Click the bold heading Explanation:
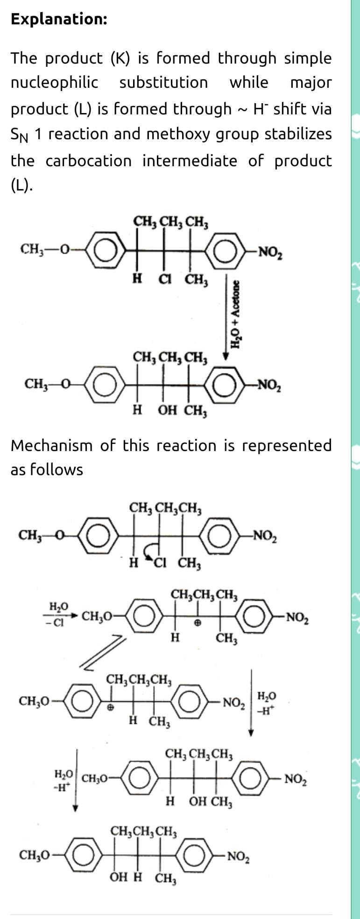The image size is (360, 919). pyautogui.click(x=59, y=19)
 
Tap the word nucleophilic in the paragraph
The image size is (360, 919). pyautogui.click(x=54, y=83)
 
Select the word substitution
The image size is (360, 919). pyautogui.click(x=163, y=83)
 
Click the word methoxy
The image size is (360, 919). pyautogui.click(x=199, y=134)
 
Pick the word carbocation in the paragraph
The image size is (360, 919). pyautogui.click(x=89, y=161)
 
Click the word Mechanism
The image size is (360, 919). pyautogui.click(x=51, y=445)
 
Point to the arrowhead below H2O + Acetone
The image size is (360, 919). pyautogui.click(x=226, y=356)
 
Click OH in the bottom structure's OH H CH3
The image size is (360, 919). pyautogui.click(x=119, y=878)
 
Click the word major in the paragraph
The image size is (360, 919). pyautogui.click(x=311, y=83)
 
